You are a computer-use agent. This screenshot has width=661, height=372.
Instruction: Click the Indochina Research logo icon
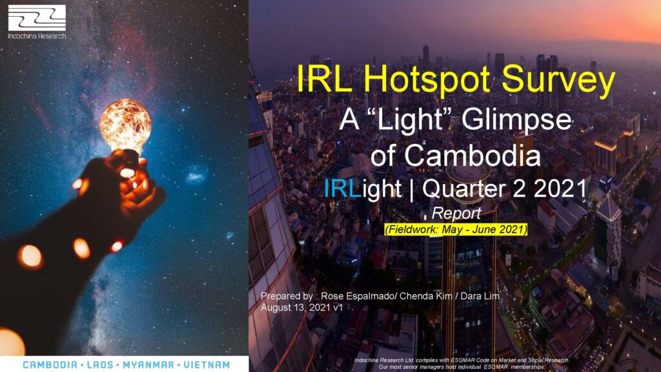pos(37,17)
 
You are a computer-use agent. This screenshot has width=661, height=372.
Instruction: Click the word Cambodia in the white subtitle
pos(472,155)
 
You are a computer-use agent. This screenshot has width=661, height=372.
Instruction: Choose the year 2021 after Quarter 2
pos(560,188)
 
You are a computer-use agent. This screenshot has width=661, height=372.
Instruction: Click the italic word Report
pos(456,213)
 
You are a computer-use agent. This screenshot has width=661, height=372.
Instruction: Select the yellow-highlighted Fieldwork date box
pos(456,229)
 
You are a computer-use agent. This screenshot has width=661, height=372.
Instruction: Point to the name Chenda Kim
pos(425,296)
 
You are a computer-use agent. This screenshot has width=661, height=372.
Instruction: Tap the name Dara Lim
pos(480,296)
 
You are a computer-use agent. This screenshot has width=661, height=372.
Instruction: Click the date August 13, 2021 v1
pos(302,307)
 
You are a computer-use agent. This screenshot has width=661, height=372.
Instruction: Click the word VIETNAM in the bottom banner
pos(207,365)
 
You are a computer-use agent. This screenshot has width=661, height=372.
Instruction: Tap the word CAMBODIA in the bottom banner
pos(50,365)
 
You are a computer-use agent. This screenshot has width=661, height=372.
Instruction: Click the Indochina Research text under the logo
pos(37,36)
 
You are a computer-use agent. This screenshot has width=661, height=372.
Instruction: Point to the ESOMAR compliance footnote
pos(462,364)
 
